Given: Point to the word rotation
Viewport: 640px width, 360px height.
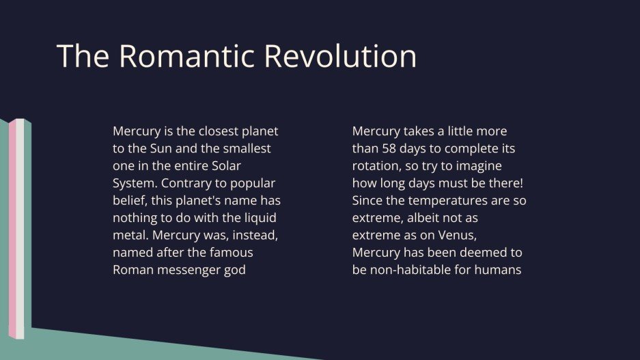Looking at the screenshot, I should (376, 165).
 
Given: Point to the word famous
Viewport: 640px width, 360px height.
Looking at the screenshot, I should (227, 252).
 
